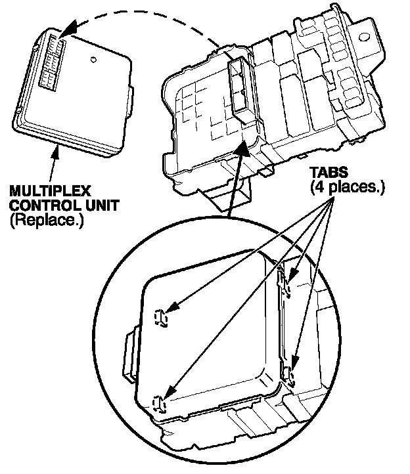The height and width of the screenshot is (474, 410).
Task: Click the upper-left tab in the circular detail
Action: coord(161,317)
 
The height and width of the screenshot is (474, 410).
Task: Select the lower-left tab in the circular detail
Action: coord(158,402)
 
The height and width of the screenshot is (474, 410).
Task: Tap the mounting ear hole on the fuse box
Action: coord(368,32)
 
